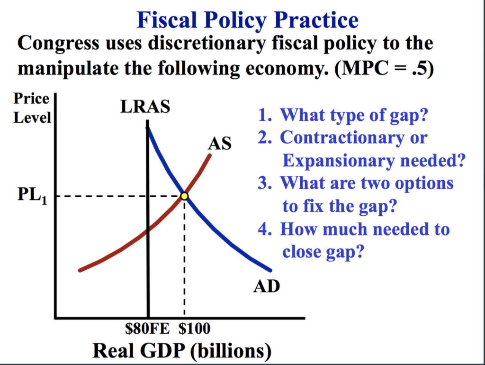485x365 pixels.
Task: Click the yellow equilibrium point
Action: click(184, 196)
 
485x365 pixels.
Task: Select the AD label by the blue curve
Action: click(267, 286)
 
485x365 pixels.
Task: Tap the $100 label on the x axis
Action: click(195, 328)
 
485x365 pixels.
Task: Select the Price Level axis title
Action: click(31, 108)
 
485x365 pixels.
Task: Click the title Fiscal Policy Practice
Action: click(247, 20)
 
